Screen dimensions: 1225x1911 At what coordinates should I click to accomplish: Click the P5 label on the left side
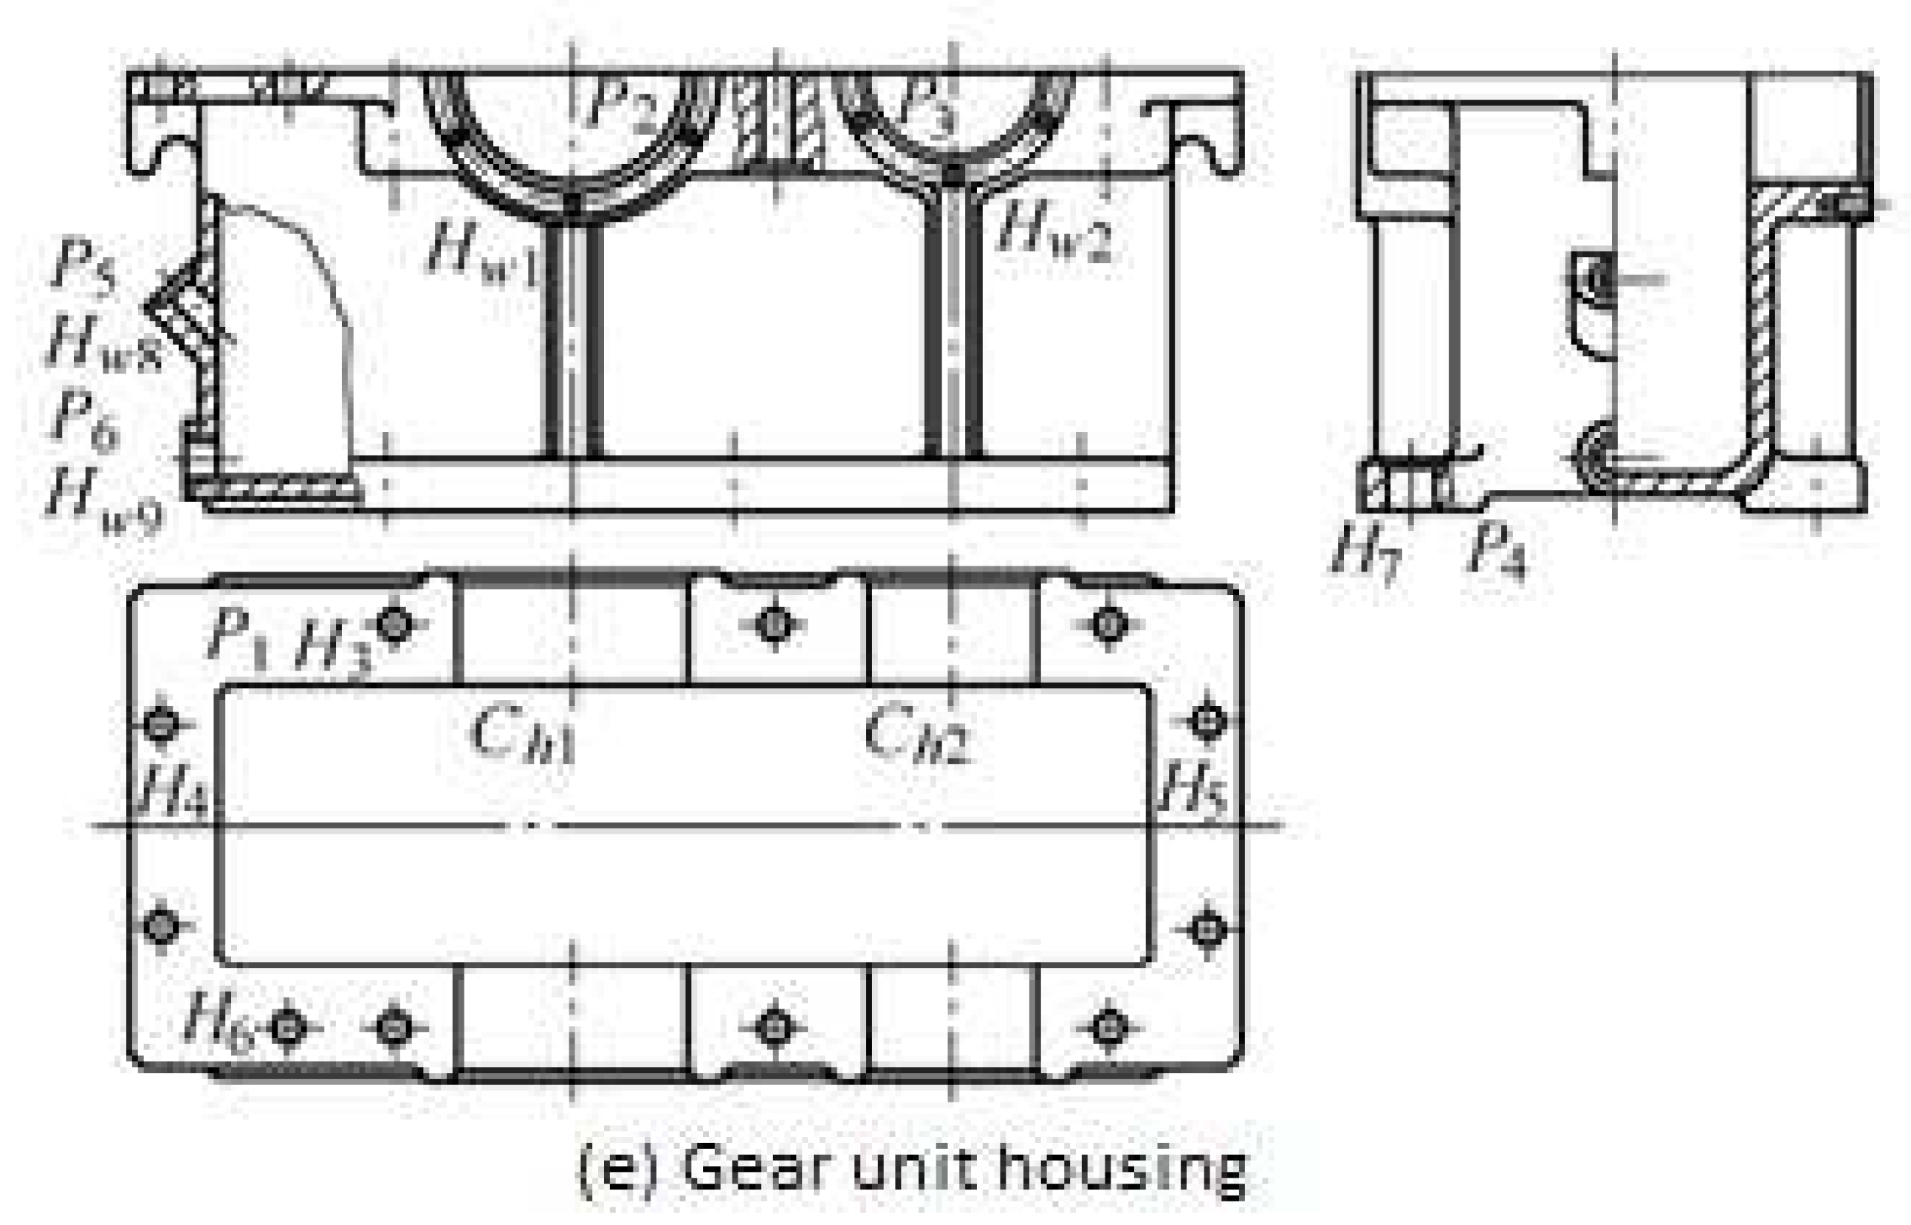[84, 268]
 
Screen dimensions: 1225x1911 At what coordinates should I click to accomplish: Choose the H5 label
[1193, 787]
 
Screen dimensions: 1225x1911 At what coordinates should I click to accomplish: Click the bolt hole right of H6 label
[288, 1028]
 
